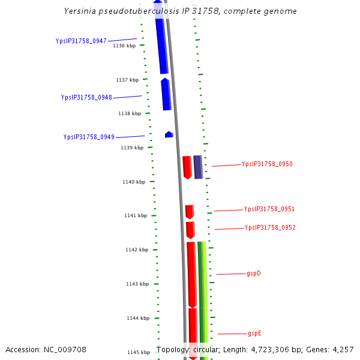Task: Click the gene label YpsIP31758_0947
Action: (81, 41)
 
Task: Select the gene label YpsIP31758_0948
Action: (86, 97)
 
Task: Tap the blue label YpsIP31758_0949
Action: (89, 137)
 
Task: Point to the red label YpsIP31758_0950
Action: (267, 164)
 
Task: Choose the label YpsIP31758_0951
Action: (269, 209)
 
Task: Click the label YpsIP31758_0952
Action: (270, 228)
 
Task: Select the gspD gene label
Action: (254, 274)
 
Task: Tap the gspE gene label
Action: (254, 333)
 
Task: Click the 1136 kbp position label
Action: (124, 46)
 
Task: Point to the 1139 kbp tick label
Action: (132, 148)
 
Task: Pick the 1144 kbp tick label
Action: (138, 318)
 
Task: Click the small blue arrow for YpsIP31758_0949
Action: (169, 134)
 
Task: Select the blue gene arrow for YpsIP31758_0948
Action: (166, 94)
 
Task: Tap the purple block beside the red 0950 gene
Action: (197, 167)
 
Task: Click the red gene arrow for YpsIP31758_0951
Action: (190, 212)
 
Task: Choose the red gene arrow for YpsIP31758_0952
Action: (190, 230)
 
